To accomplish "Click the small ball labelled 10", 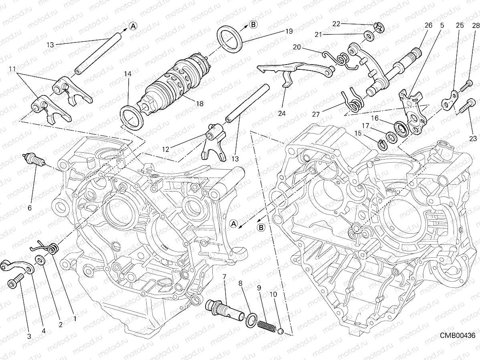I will click(281, 331).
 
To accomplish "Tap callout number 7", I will click(224, 276).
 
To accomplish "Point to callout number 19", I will click(289, 31).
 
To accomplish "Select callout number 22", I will click(336, 24).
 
